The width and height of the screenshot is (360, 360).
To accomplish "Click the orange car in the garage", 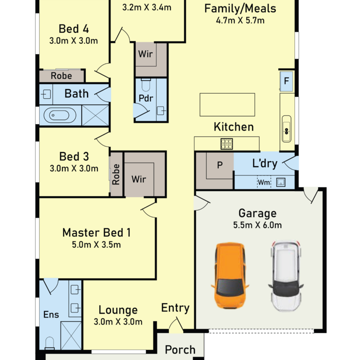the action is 230,276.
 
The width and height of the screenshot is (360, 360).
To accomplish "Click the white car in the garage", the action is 286,276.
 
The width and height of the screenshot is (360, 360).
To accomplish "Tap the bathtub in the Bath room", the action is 60,115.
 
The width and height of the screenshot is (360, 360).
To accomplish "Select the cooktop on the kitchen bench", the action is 227,144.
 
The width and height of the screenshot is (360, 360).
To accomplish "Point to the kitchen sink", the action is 287,129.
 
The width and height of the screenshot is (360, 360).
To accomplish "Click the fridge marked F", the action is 286,81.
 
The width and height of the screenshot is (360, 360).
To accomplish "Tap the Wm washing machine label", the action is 264,182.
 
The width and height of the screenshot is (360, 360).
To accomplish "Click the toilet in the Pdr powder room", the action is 146,85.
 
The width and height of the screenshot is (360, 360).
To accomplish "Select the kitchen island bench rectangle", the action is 227,105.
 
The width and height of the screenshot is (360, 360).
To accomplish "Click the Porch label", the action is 180,350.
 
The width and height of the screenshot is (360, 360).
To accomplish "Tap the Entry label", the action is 175,308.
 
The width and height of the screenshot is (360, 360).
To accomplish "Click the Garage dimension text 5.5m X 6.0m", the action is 258,225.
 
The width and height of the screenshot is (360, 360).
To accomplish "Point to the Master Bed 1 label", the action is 96,233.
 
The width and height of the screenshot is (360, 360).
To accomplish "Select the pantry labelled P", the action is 220,165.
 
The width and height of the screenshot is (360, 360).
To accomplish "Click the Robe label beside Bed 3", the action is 116,174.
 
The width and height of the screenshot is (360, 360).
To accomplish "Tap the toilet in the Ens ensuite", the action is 49,343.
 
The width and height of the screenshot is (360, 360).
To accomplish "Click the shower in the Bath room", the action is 95,115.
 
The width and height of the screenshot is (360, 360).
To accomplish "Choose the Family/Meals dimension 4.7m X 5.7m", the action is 240,20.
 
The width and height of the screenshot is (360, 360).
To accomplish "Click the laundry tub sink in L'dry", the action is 281,182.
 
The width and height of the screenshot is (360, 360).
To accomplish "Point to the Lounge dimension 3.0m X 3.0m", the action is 118,322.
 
